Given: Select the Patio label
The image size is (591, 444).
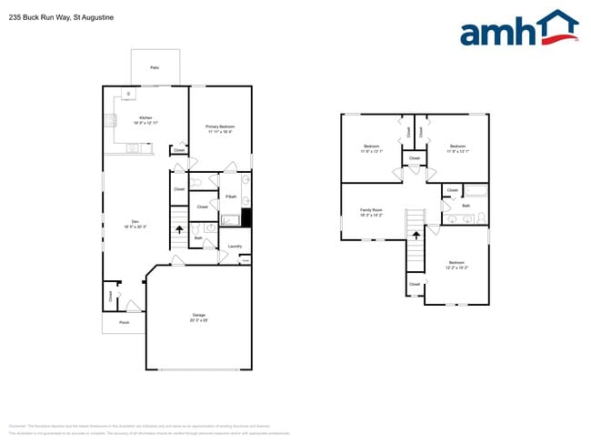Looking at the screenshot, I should (x=155, y=68).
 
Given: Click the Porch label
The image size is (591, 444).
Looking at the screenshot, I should (x=124, y=322).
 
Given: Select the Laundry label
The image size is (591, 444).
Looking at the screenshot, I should (x=235, y=246).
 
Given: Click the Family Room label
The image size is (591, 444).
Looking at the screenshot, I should (x=371, y=210).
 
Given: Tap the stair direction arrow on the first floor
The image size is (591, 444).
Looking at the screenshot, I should (x=179, y=231).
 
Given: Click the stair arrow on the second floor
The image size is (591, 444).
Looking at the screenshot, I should (x=416, y=236).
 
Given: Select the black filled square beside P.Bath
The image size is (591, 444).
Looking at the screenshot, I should (x=245, y=218).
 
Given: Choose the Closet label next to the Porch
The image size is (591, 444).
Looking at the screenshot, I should (x=111, y=296).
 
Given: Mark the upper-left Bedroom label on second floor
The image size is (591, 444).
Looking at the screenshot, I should (x=372, y=148).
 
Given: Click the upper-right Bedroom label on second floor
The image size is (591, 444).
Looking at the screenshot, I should (x=456, y=148).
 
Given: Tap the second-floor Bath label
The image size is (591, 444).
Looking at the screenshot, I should (x=466, y=206).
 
